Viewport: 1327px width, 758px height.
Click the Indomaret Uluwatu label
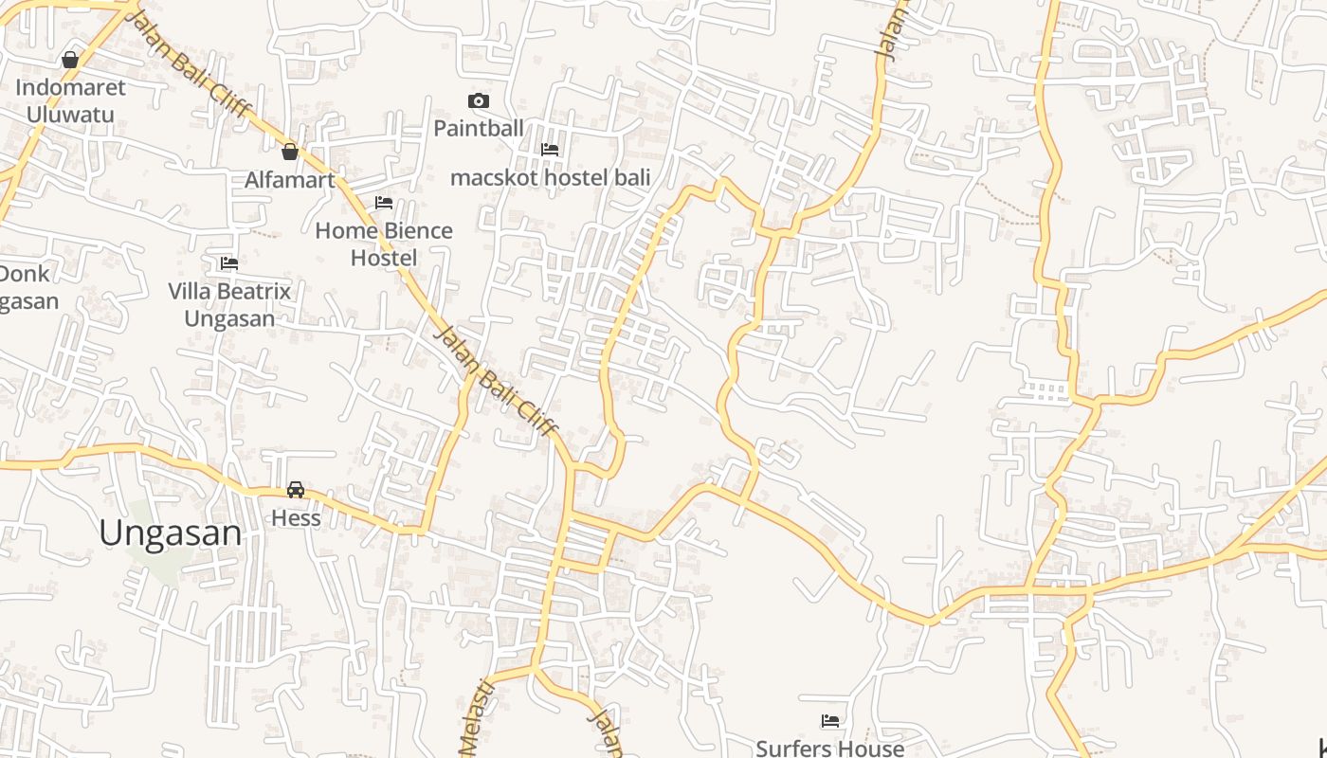[x=70, y=101]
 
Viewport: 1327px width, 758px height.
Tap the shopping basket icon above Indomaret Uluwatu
[x=69, y=60]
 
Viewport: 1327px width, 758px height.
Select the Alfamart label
[x=289, y=180]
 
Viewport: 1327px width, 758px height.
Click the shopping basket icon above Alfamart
[x=290, y=151]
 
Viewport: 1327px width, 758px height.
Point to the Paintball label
[x=479, y=128]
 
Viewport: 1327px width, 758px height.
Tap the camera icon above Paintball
[x=479, y=100]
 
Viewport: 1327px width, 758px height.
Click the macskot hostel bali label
[x=550, y=177]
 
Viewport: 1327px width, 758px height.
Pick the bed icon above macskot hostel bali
[x=550, y=150]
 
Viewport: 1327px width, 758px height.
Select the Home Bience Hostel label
[x=383, y=244]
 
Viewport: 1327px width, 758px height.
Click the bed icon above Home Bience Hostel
[x=384, y=203]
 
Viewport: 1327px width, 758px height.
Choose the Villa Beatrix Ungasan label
[x=229, y=304]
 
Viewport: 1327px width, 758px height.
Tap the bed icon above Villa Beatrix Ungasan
[x=229, y=263]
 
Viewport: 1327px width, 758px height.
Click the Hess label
[x=296, y=518]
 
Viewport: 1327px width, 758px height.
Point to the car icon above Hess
[x=296, y=490]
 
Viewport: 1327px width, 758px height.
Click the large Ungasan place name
[x=171, y=533]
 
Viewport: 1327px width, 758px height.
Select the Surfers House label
[x=829, y=749]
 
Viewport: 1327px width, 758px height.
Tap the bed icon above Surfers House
[x=830, y=721]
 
